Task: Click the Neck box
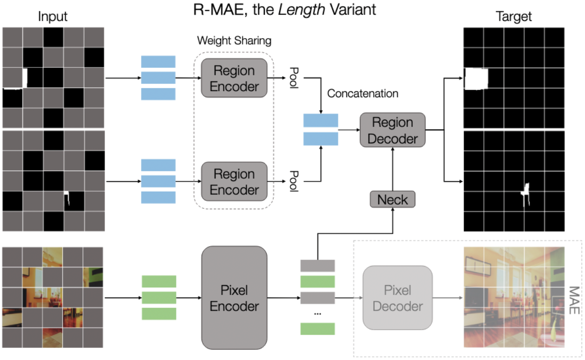[392, 200]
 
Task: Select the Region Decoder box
[392, 130]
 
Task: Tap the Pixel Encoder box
[234, 298]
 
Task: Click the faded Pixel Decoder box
[397, 298]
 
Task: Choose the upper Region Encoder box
[234, 78]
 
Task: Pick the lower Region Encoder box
[234, 181]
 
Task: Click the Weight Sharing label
[234, 40]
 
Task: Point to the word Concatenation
[363, 93]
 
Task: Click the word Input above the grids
[53, 17]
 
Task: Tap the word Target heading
[514, 17]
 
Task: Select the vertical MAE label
[574, 300]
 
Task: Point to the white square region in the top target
[476, 78]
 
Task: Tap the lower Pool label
[294, 181]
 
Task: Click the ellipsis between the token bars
[317, 313]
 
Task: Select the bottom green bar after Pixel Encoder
[317, 329]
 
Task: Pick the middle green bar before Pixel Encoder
[159, 298]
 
